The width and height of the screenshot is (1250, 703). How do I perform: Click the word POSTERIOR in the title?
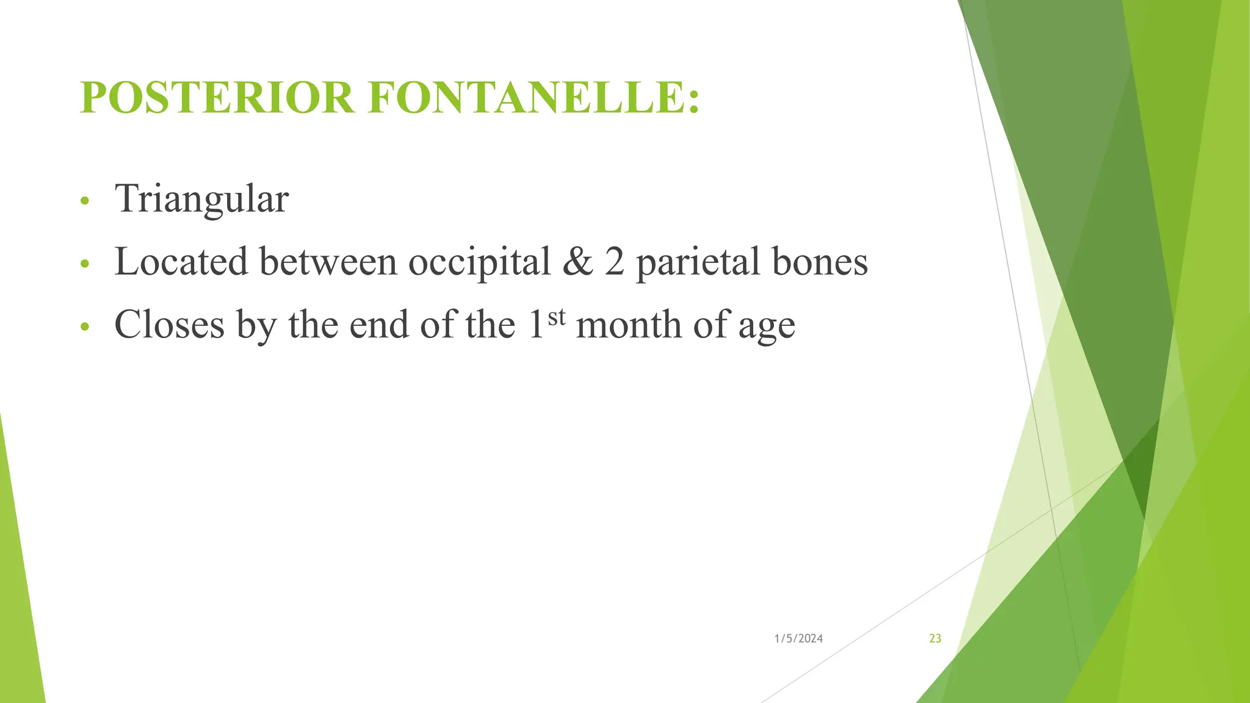(x=217, y=98)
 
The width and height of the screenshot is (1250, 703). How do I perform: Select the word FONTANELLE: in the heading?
(x=533, y=98)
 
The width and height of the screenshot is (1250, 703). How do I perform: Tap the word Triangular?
(x=201, y=199)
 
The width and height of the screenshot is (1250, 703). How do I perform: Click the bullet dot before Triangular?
(x=85, y=201)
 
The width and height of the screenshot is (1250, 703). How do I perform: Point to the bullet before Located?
(x=85, y=264)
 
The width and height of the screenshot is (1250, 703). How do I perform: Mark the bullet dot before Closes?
(x=85, y=327)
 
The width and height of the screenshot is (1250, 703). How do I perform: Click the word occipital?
(x=480, y=262)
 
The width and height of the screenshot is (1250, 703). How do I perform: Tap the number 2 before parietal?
(x=615, y=262)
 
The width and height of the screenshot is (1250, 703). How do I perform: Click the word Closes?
(x=169, y=325)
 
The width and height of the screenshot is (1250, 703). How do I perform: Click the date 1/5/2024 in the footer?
(x=798, y=639)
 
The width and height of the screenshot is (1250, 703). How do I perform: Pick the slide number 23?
(x=935, y=639)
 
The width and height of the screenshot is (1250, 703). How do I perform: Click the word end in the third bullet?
(x=379, y=325)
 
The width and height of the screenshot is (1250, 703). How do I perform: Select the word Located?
(x=181, y=262)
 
